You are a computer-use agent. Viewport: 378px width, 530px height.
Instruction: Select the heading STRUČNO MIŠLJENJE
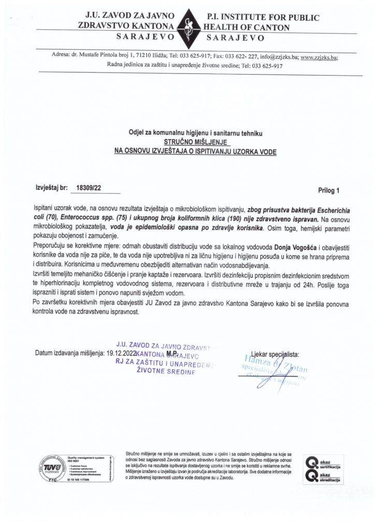pyautogui.click(x=195, y=141)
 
